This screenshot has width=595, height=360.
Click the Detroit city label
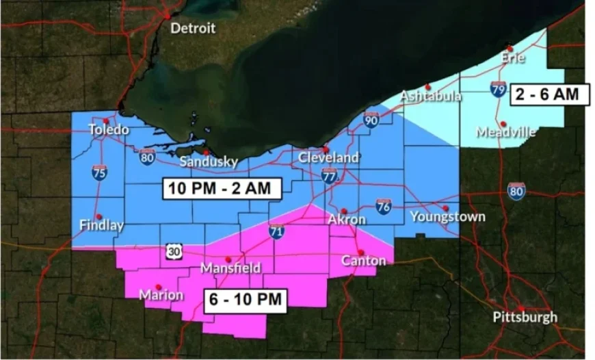192,29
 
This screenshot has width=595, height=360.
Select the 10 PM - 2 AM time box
222,188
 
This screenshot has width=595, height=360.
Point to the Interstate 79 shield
499,89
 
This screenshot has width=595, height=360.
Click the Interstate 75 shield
99,172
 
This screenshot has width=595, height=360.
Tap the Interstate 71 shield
276,231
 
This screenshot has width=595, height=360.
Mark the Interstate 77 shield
329,175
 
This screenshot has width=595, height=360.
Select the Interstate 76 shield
384,206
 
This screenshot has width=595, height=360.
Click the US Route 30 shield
172,252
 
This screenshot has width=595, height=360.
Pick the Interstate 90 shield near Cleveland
371,120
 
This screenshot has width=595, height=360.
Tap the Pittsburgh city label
525,318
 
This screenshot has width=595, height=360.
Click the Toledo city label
108,130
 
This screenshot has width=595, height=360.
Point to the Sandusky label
209,162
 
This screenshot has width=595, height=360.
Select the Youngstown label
447,217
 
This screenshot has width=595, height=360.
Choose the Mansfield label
230,268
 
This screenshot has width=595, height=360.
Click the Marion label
161,296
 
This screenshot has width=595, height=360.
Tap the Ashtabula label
430,96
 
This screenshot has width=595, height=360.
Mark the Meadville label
505,132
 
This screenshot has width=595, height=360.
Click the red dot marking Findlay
98,216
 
